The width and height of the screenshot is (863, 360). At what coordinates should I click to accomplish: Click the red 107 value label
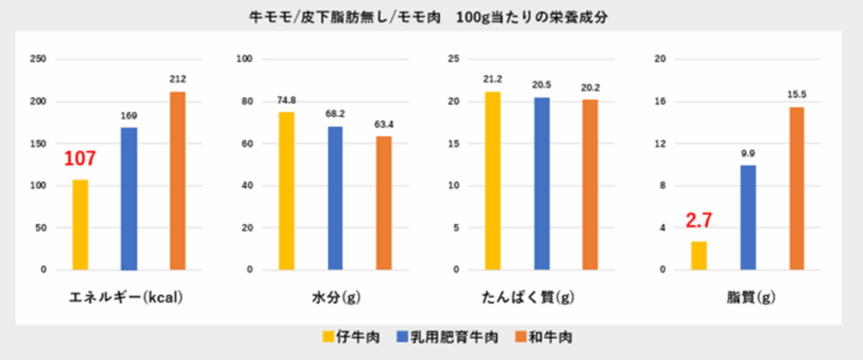click(x=80, y=159)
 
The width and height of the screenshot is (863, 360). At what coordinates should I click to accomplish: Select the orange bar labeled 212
click(x=177, y=180)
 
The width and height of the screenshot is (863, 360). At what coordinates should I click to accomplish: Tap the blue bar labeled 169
click(x=129, y=198)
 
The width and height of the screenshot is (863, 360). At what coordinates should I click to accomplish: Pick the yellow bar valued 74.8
click(x=287, y=191)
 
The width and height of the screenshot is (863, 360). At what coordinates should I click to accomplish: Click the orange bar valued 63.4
click(x=384, y=203)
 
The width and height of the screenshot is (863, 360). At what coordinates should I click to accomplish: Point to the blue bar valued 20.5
click(x=541, y=183)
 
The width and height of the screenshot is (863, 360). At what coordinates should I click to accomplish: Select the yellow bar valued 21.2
click(x=492, y=180)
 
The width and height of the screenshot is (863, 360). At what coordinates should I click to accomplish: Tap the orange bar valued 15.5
click(x=796, y=188)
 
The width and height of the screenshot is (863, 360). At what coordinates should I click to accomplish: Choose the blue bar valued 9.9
click(x=748, y=218)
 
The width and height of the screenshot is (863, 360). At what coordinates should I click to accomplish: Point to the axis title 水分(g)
click(x=335, y=298)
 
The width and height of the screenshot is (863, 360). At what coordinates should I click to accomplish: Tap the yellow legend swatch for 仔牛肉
click(x=327, y=337)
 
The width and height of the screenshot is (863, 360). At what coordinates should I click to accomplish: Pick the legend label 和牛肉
click(x=553, y=337)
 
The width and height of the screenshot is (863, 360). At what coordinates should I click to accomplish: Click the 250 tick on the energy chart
click(x=38, y=59)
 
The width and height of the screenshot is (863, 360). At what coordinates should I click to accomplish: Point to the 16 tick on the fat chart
click(x=661, y=101)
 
